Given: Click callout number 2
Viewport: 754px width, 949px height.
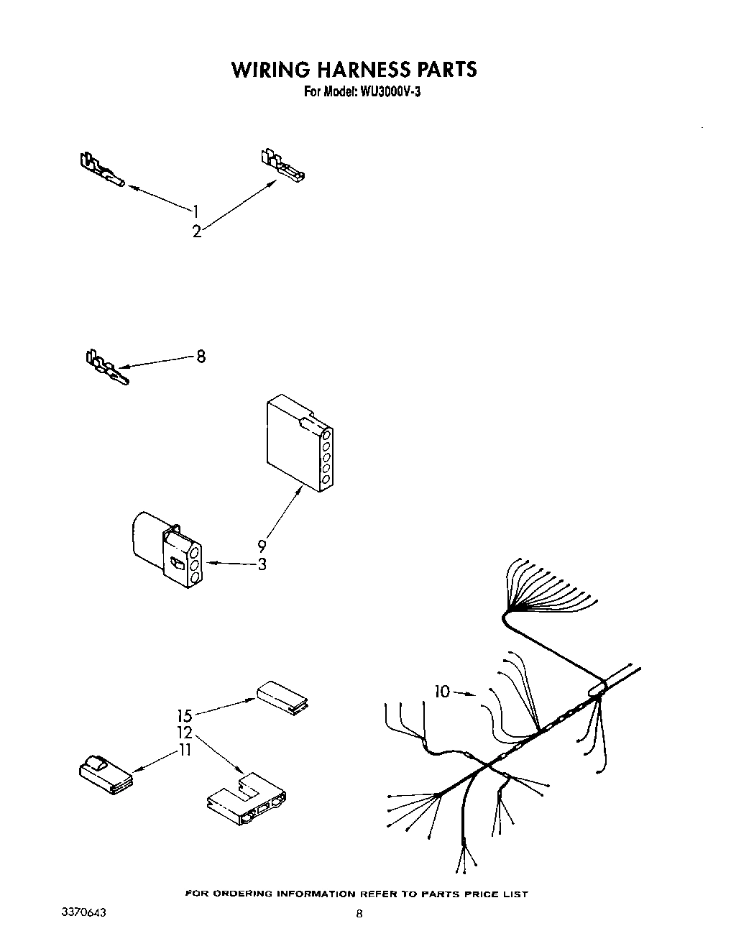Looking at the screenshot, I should (x=196, y=231).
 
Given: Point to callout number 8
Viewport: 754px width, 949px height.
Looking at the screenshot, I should (x=201, y=356).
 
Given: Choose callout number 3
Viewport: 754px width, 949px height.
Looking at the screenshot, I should (x=262, y=564).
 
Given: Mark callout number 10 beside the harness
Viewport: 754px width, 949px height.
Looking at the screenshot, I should (x=441, y=692).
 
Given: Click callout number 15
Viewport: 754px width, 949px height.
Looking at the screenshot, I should (x=185, y=716).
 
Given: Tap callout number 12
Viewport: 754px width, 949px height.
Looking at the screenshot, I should (x=185, y=733).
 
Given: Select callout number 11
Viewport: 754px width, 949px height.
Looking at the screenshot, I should (x=185, y=751).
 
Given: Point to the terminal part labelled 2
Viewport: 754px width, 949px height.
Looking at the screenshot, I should (x=282, y=166).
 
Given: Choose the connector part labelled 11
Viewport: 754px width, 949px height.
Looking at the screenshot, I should (x=104, y=776).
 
